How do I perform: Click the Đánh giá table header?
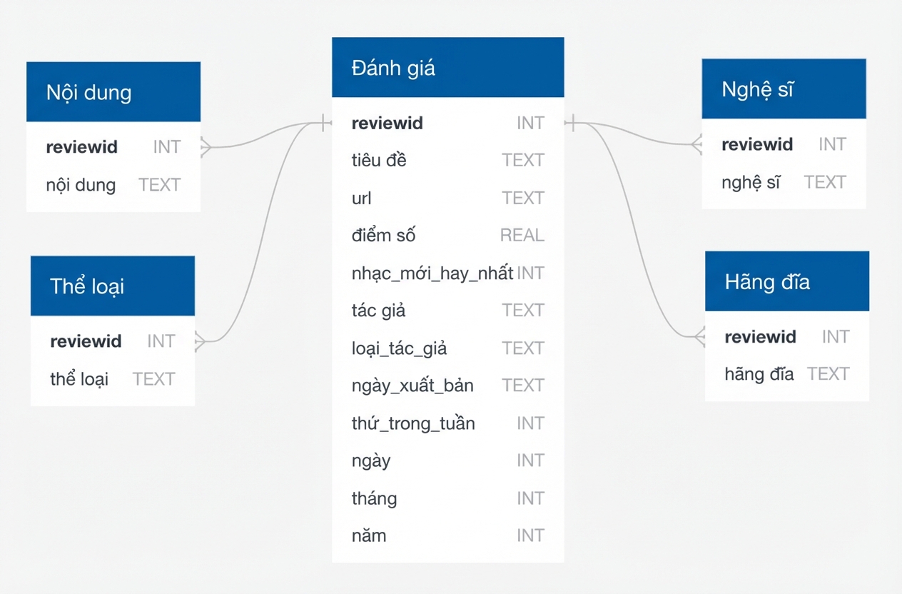point(447,67)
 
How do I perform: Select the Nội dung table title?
point(88,93)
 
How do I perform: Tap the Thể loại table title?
point(87,286)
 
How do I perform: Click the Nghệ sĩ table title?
point(757,89)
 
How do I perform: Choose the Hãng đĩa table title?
point(767,282)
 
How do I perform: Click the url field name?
point(361,198)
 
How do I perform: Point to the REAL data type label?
point(522,235)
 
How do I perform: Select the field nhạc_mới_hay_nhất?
point(432,273)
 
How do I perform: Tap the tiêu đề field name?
point(379,160)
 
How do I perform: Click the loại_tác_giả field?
point(399,348)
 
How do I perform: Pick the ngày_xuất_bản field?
point(412,386)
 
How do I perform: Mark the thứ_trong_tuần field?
point(413,423)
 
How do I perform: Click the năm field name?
point(369,535)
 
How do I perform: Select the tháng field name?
point(374,498)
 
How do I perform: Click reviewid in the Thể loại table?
point(86,341)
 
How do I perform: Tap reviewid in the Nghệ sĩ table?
point(757,144)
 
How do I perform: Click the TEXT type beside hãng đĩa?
point(828,374)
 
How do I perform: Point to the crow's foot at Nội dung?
point(206,147)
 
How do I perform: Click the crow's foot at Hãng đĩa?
point(700,336)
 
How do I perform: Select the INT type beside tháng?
point(531,498)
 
